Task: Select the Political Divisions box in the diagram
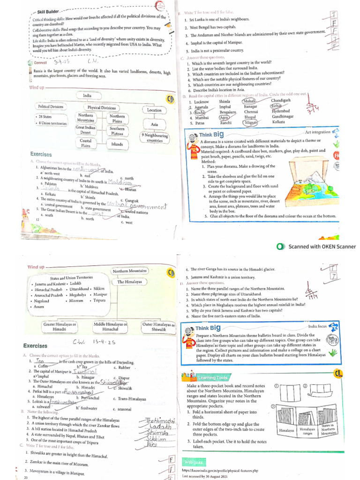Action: coord(51,106)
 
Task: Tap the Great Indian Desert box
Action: coord(86,129)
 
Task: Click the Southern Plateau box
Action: coord(117,131)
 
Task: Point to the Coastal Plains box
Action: coord(86,143)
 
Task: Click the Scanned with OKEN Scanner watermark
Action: coord(317,247)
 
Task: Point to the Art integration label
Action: coord(317,132)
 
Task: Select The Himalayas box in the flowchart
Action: coord(129,282)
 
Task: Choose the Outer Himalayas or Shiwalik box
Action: coord(158,327)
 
